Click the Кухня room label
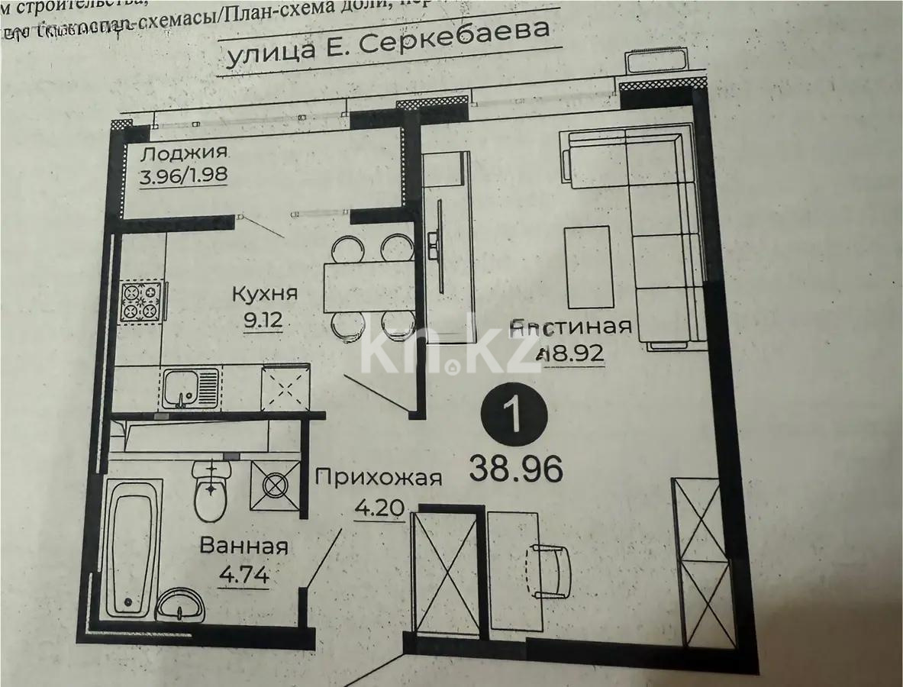tap(264, 293)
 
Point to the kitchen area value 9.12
tap(263, 320)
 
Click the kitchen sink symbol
tap(191, 388)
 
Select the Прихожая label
tap(379, 478)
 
